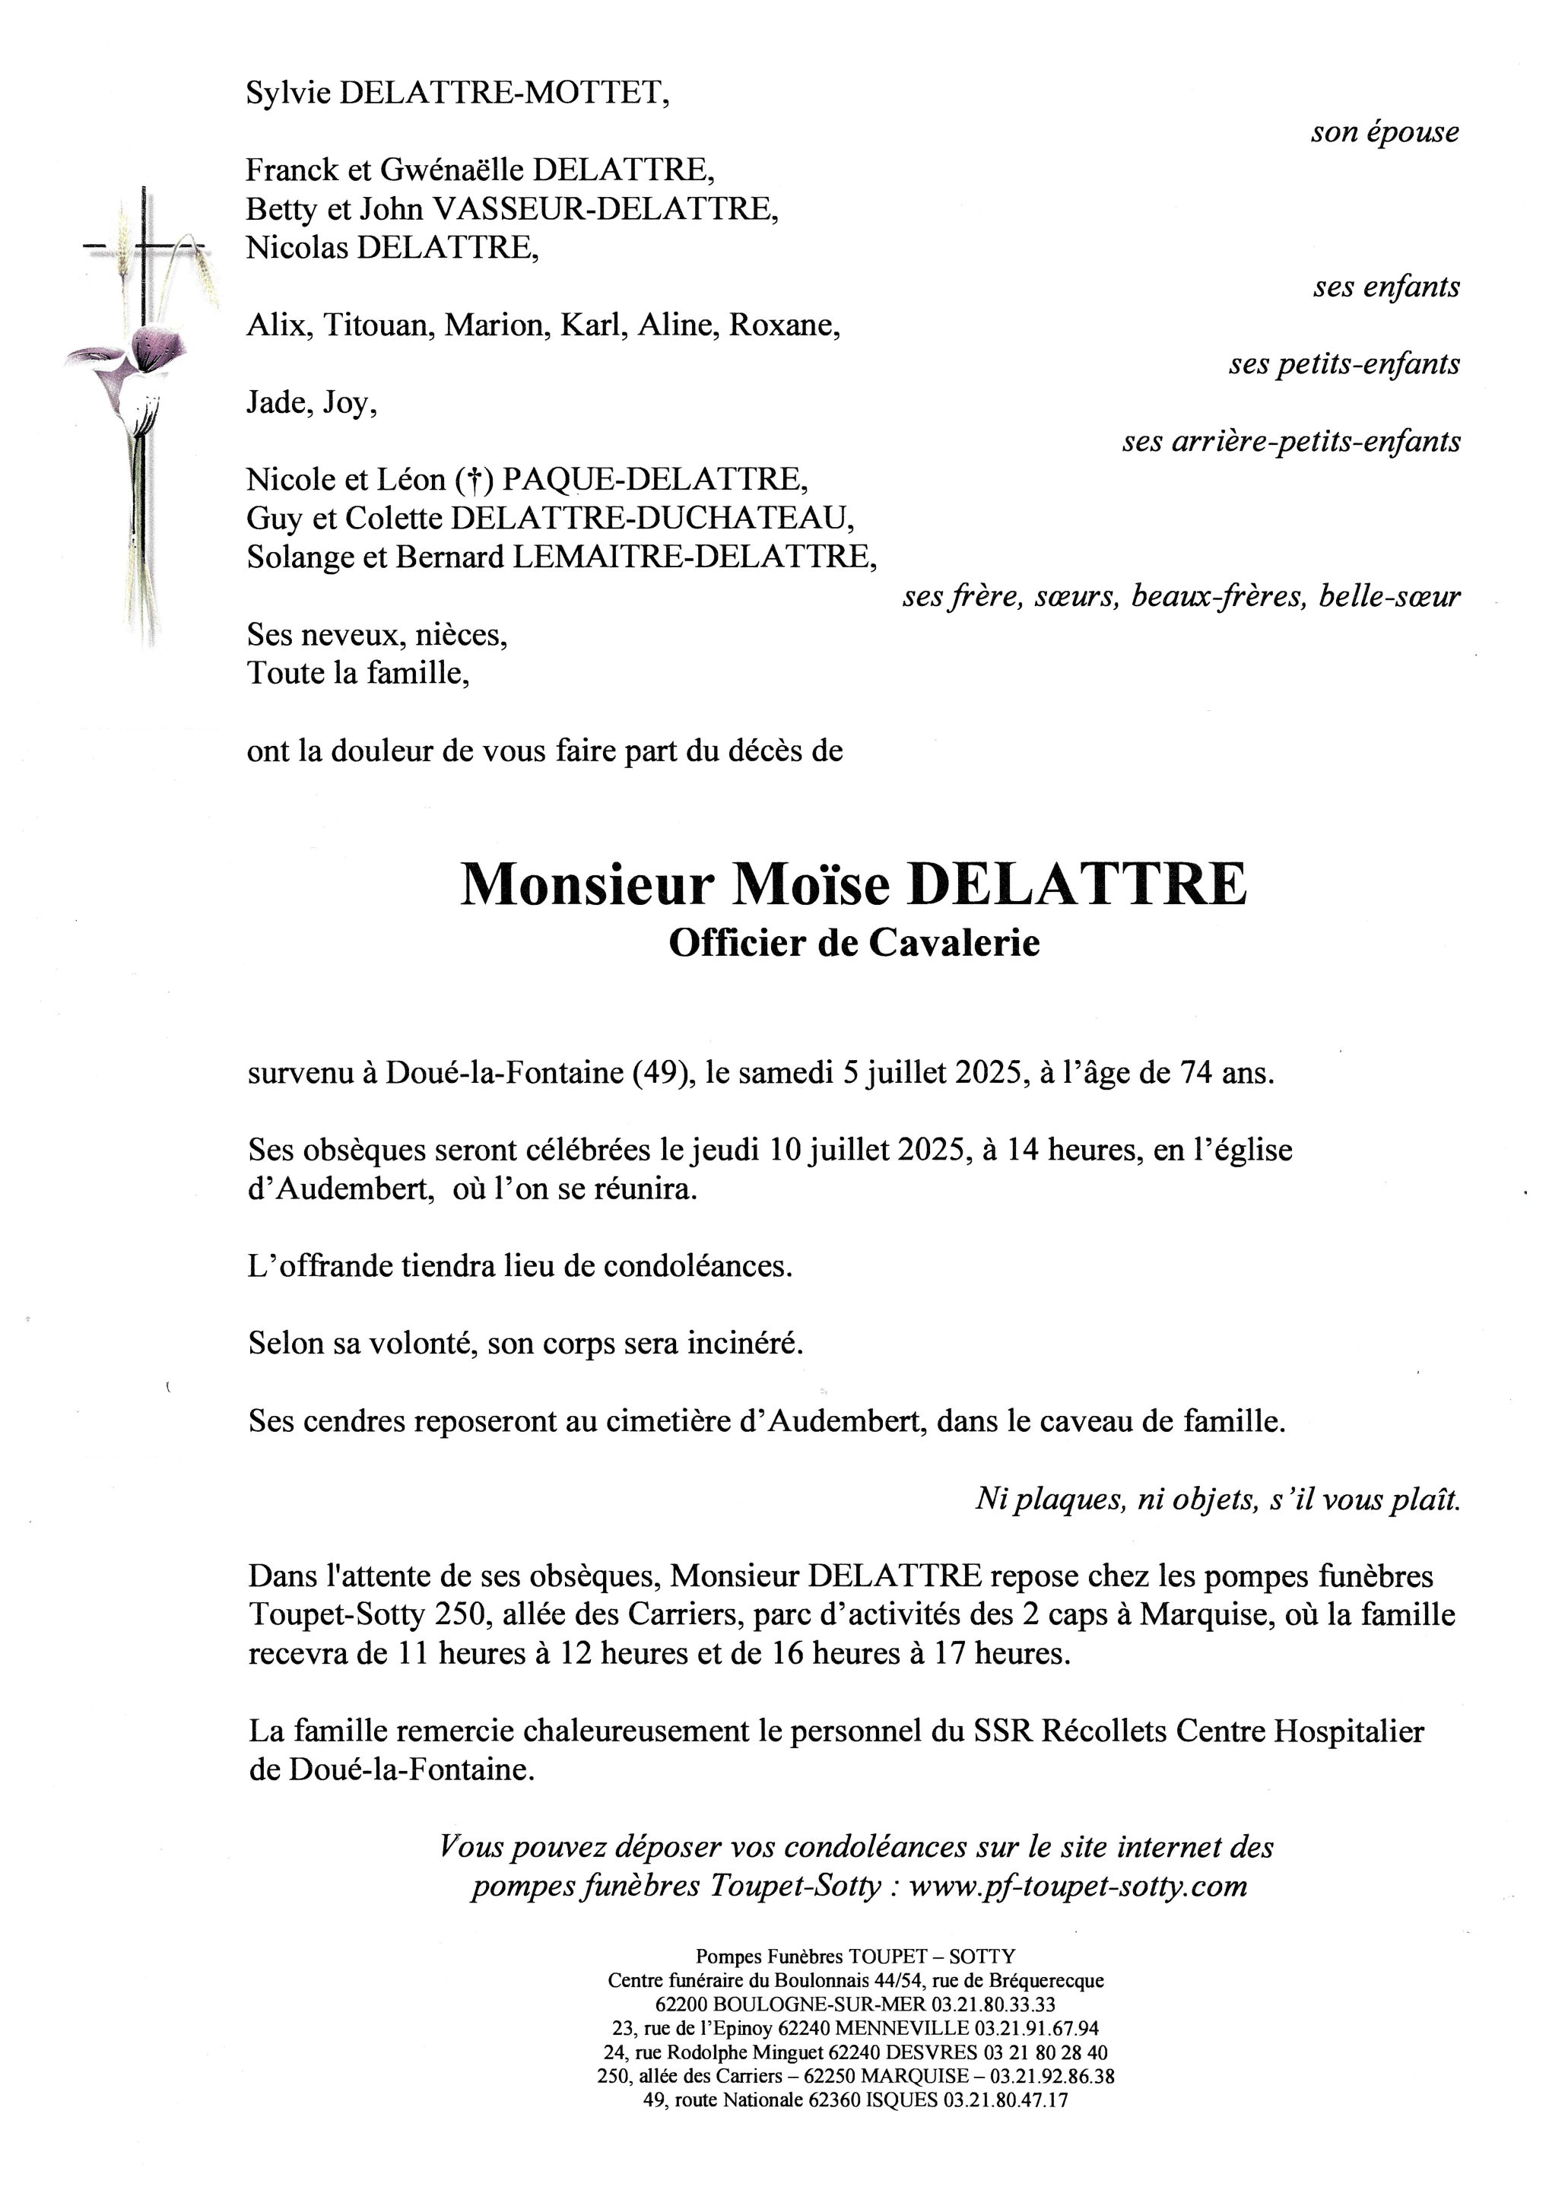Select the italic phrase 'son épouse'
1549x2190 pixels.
click(x=1384, y=132)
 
